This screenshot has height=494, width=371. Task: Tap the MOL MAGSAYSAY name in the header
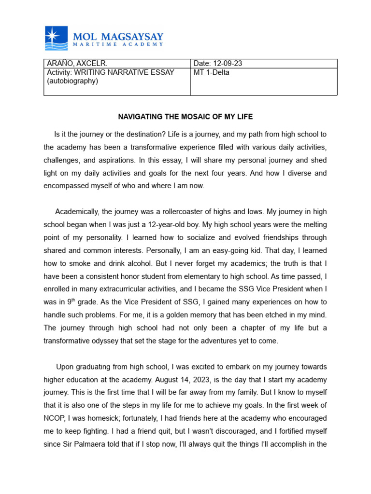[118, 37]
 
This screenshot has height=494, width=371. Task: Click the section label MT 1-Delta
[212, 72]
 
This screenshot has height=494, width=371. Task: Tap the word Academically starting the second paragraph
[77, 212]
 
